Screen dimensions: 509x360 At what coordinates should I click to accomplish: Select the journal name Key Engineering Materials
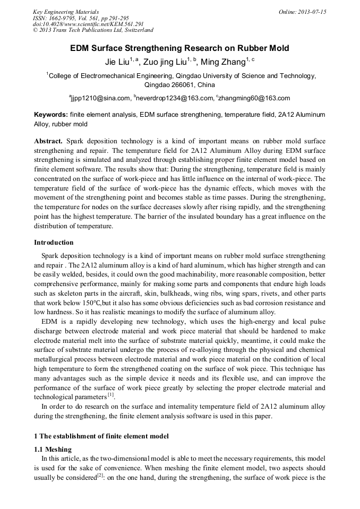pos(66,12)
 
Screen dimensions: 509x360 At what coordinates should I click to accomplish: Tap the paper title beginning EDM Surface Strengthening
pos(180,48)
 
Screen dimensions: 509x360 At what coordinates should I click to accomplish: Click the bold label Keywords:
pos(51,115)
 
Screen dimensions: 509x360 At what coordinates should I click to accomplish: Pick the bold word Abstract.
pos(48,141)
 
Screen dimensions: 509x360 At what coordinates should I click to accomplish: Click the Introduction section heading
pos(54,243)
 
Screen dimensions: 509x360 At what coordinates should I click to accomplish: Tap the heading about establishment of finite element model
pos(101,436)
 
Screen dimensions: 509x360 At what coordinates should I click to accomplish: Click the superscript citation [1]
pos(110,395)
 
